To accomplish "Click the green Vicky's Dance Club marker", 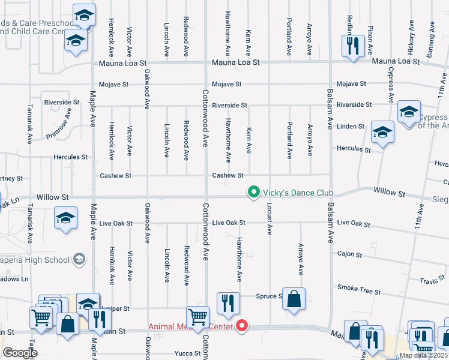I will [254, 193].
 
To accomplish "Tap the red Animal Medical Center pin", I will [243, 326].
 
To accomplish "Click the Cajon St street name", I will [349, 255].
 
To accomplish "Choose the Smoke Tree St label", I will [359, 290].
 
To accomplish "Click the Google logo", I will [20, 352].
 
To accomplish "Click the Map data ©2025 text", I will [424, 355].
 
